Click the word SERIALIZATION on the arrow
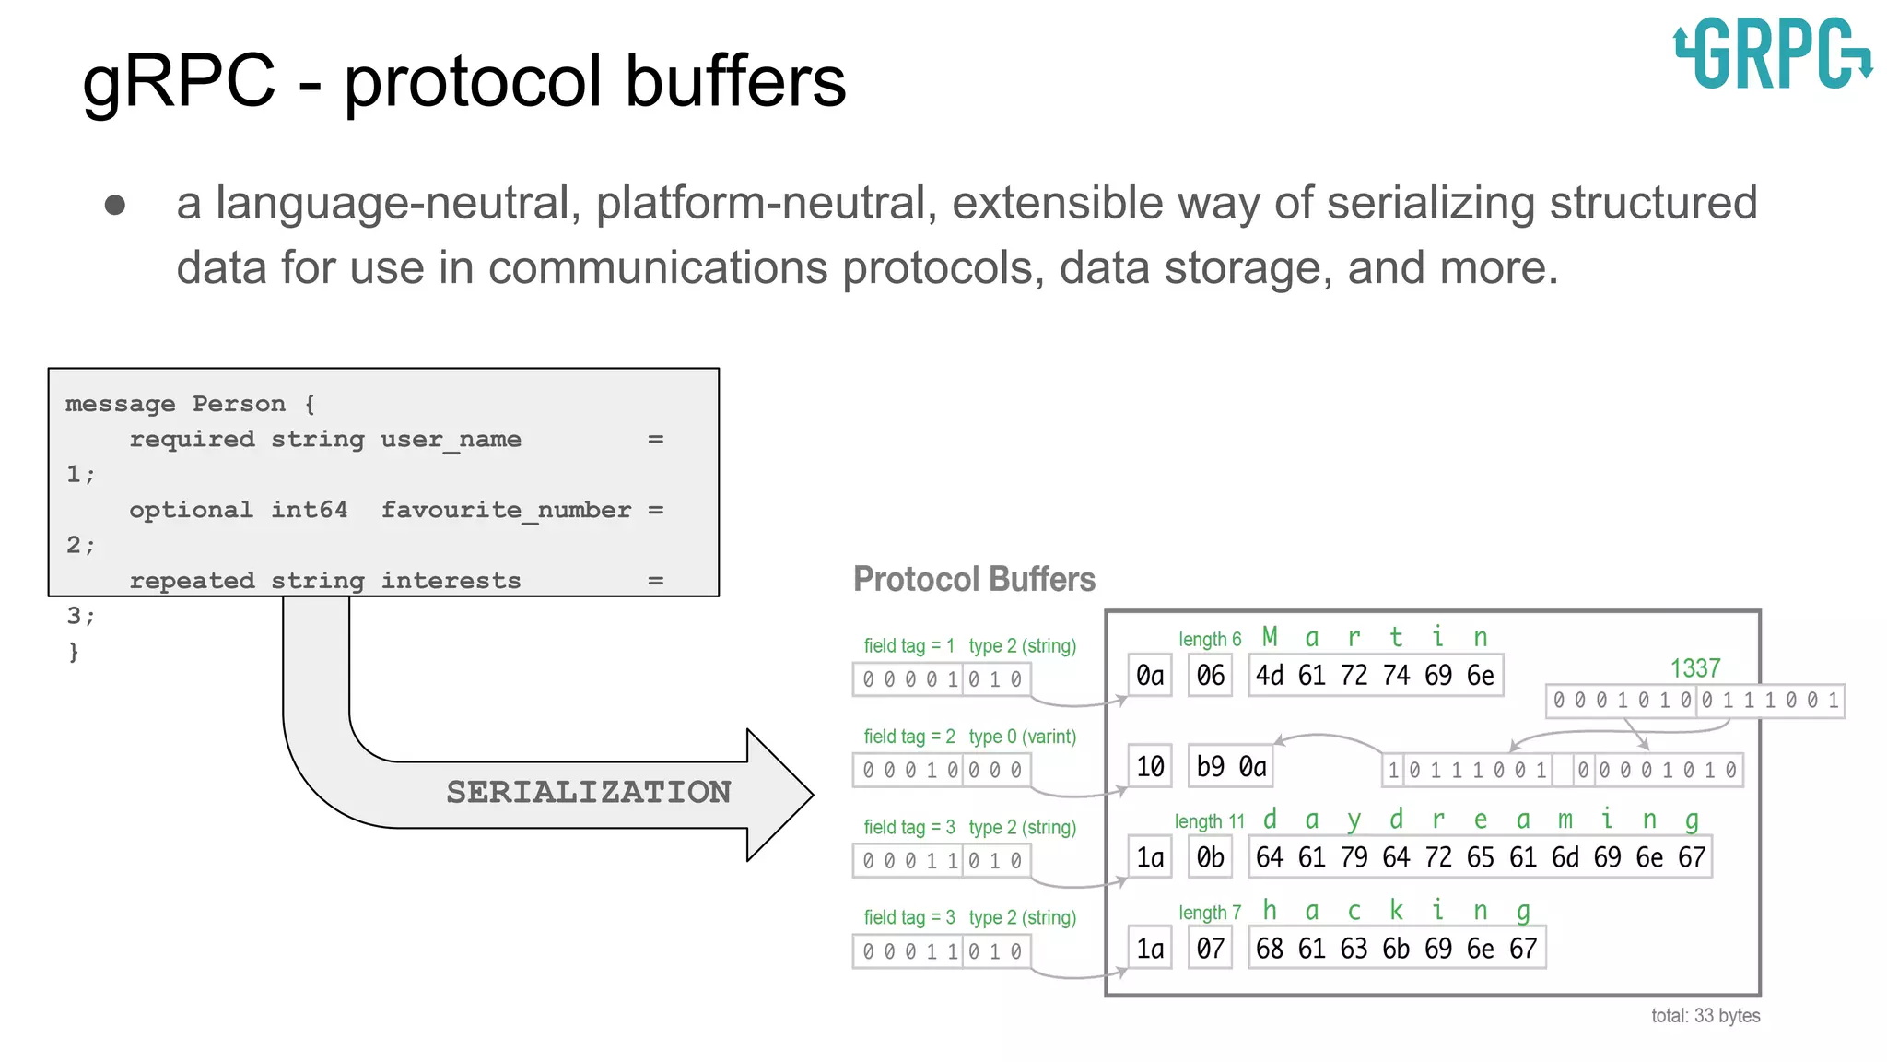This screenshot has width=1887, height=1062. click(588, 792)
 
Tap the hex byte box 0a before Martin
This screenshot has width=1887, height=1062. click(1150, 676)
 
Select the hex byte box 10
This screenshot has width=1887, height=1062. click(1150, 766)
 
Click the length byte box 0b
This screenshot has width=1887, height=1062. click(1210, 857)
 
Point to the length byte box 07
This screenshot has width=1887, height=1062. click(1210, 948)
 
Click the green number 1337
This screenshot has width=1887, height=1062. click(1694, 668)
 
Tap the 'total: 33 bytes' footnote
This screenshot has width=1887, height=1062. click(1705, 1015)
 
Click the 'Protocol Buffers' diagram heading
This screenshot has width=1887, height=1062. click(974, 579)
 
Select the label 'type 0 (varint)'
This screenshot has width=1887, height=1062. click(1022, 737)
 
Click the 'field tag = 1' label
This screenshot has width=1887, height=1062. click(908, 645)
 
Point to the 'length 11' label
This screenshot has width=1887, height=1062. click(1209, 821)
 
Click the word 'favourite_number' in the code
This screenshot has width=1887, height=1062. click(506, 510)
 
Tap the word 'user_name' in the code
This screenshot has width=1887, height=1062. click(451, 439)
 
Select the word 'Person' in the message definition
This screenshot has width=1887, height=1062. click(239, 404)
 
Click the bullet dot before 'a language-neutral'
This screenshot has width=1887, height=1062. click(115, 204)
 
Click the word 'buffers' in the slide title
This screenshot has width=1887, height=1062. click(735, 81)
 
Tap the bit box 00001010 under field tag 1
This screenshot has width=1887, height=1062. click(942, 679)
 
